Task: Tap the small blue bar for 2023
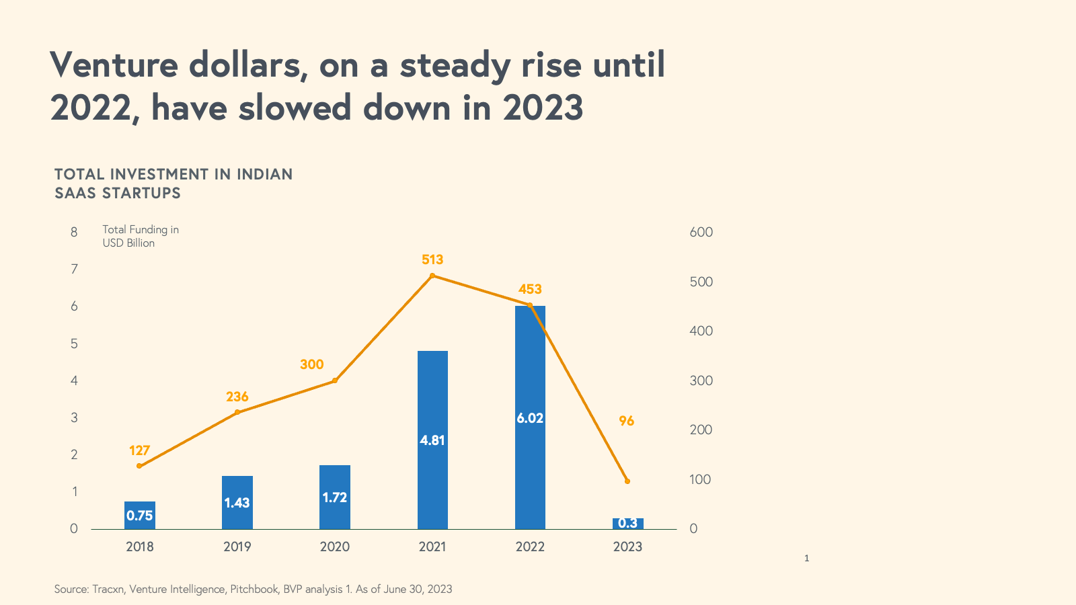627,524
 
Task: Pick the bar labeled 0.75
140,515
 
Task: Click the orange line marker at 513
432,276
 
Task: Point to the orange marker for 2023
627,481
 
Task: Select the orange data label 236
237,397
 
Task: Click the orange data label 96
627,421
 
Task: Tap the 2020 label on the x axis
335,547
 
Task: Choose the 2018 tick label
140,547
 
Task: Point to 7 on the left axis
74,269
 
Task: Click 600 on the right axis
701,232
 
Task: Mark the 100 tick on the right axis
701,479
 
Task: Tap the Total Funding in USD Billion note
141,236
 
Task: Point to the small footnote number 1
807,558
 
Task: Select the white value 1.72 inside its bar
335,497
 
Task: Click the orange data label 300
312,364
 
